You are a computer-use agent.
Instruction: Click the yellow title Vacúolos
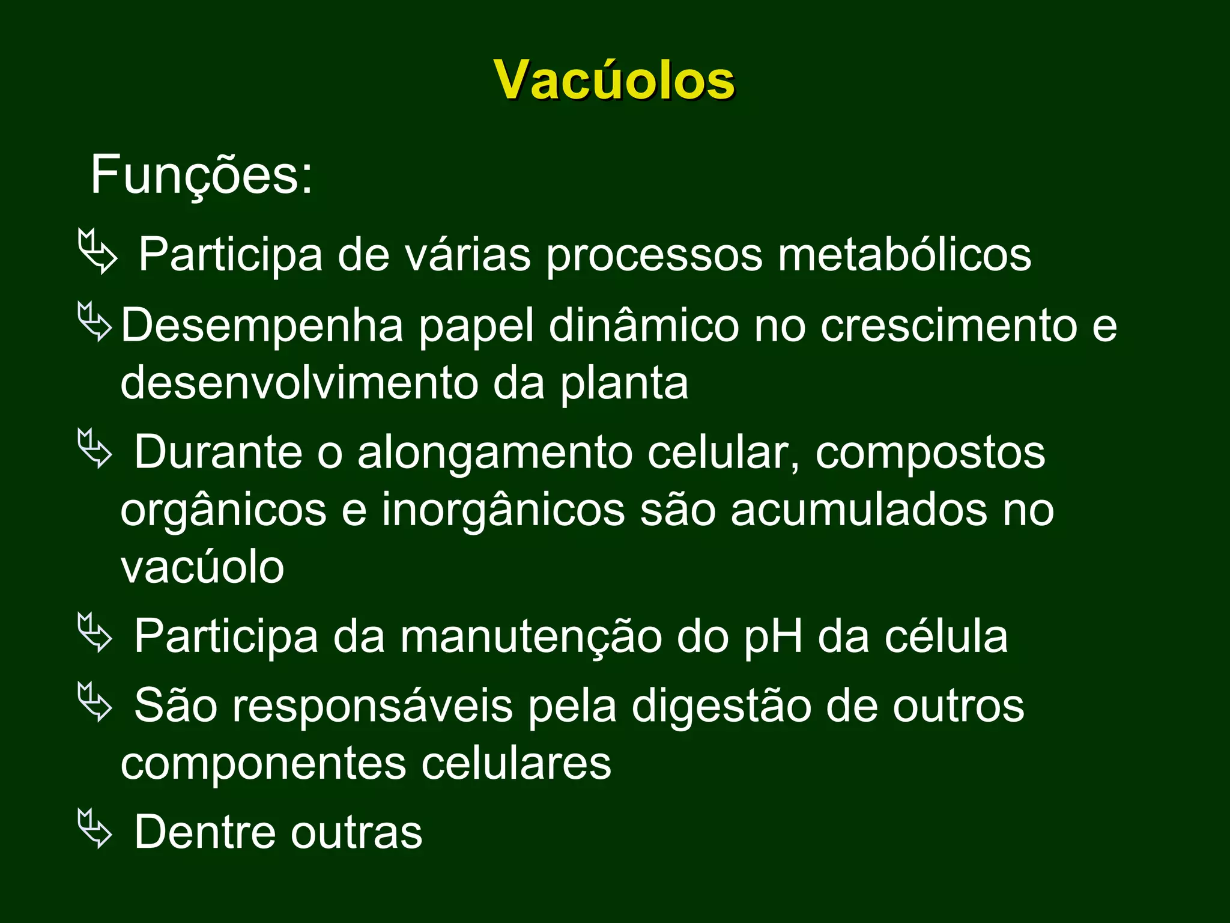pos(614,81)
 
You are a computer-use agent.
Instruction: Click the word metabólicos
pos(904,255)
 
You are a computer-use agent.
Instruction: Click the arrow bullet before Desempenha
pos(95,322)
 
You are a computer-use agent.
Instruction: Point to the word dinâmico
pos(644,326)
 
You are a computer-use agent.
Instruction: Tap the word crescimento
pos(949,326)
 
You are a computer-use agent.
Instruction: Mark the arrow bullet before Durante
pos(95,448)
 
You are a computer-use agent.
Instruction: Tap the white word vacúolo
pos(202,567)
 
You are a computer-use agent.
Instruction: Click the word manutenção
pos(531,637)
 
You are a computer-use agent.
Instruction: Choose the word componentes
pos(263,764)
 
